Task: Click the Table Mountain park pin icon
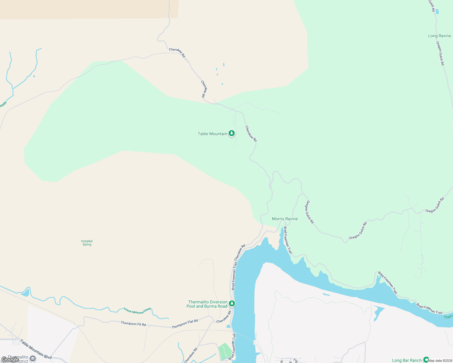232,133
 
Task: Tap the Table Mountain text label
212,134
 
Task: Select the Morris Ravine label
285,219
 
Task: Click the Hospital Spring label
87,243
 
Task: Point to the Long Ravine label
439,36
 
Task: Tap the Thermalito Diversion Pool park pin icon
232,303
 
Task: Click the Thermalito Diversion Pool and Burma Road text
207,304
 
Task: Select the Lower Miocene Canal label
137,310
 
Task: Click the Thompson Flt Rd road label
133,324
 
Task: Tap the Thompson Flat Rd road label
185,324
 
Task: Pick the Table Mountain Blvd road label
36,349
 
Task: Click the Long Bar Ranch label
407,360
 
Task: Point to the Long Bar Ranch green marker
426,360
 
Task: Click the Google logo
10,359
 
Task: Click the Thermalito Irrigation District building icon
33,359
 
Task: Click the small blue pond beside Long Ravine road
437,12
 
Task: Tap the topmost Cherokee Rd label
177,53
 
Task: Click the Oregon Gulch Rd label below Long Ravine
440,53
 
